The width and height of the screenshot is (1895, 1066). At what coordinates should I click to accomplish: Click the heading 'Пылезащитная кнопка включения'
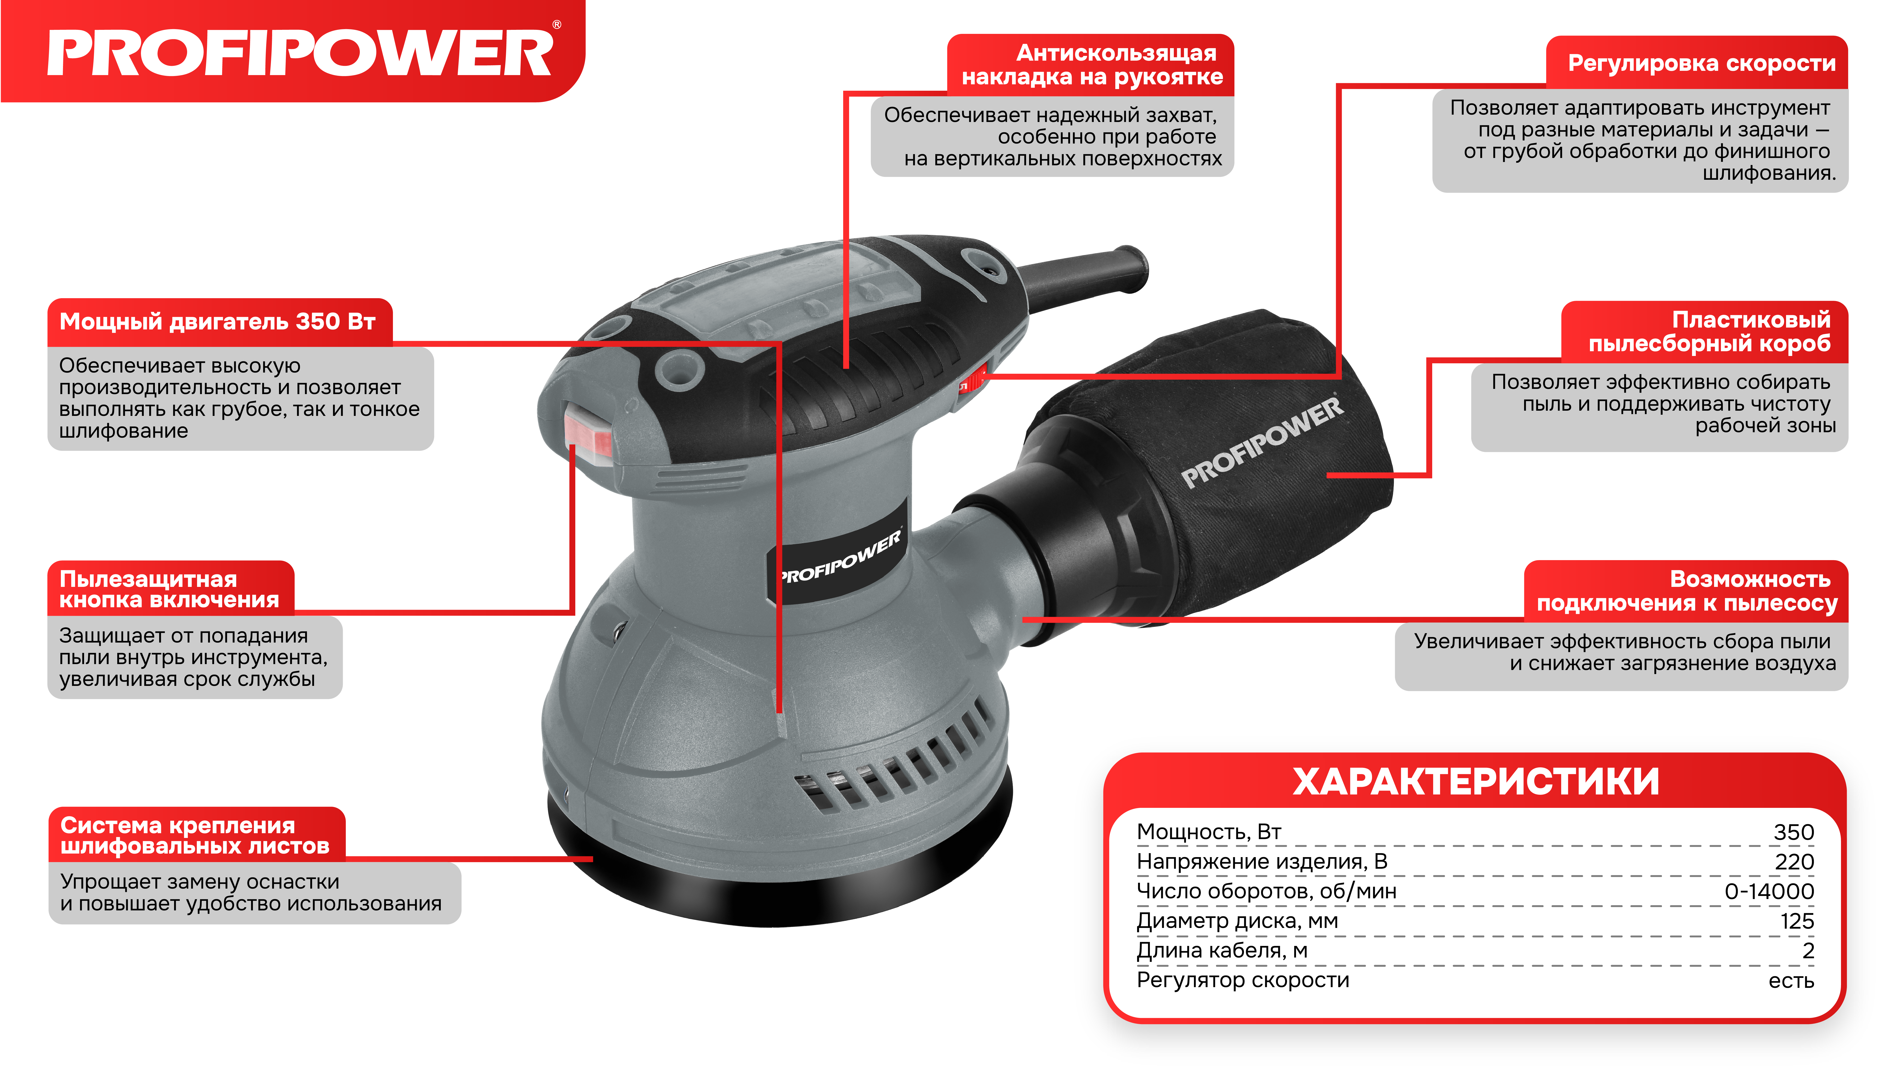[169, 589]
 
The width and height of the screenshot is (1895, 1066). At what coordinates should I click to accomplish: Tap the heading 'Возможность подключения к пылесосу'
[1687, 591]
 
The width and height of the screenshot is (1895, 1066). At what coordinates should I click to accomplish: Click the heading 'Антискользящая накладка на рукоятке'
[1092, 65]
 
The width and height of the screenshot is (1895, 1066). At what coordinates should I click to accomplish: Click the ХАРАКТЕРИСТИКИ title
[1476, 781]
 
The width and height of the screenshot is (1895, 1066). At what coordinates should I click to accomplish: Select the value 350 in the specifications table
[1793, 832]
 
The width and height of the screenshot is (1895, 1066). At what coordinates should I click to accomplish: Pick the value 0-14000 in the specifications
[1769, 891]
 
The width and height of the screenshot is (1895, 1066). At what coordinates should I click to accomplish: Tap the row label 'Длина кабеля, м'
[1222, 950]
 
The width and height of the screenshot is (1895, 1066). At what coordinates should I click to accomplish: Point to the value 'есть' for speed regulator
[1791, 981]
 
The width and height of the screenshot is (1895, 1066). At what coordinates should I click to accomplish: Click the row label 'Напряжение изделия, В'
[1262, 861]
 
